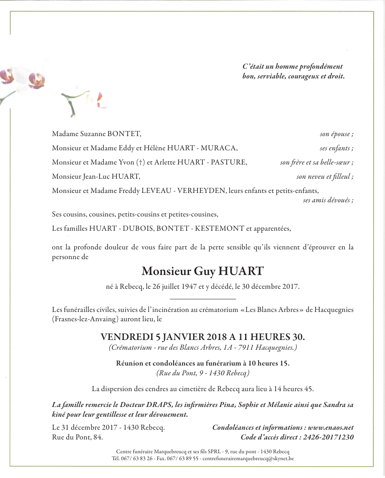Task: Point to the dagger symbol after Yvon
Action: (x=141, y=162)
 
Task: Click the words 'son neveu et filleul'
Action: (x=325, y=177)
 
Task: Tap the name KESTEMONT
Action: (x=220, y=228)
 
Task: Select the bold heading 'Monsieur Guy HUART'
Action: (x=202, y=271)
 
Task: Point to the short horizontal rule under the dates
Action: (x=202, y=298)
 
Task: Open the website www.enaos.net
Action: (x=331, y=427)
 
